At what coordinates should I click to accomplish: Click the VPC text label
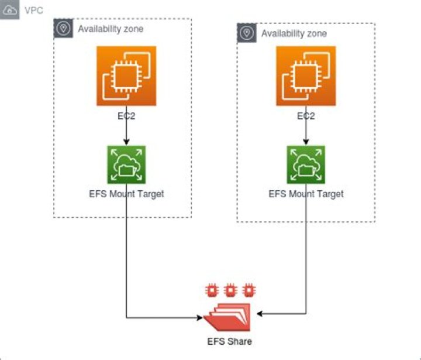pyautogui.click(x=33, y=11)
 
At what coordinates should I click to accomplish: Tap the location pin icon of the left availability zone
pyautogui.click(x=63, y=28)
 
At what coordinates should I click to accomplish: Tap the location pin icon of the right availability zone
pyautogui.click(x=247, y=33)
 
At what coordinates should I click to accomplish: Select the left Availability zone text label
pyautogui.click(x=111, y=28)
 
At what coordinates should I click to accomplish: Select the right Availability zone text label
pyautogui.click(x=294, y=33)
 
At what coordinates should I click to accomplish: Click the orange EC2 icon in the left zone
pyautogui.click(x=127, y=76)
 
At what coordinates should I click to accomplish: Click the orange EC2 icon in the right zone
pyautogui.click(x=306, y=76)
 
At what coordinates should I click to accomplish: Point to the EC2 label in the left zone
pyautogui.click(x=127, y=116)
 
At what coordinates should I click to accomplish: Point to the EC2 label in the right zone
pyautogui.click(x=306, y=116)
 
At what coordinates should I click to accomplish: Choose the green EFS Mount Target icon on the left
pyautogui.click(x=127, y=164)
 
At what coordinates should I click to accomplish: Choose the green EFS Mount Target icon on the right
pyautogui.click(x=306, y=164)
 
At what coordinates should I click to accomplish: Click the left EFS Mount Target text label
pyautogui.click(x=127, y=194)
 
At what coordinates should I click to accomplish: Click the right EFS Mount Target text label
pyautogui.click(x=306, y=194)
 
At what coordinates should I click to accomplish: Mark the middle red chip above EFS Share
pyautogui.click(x=230, y=289)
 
